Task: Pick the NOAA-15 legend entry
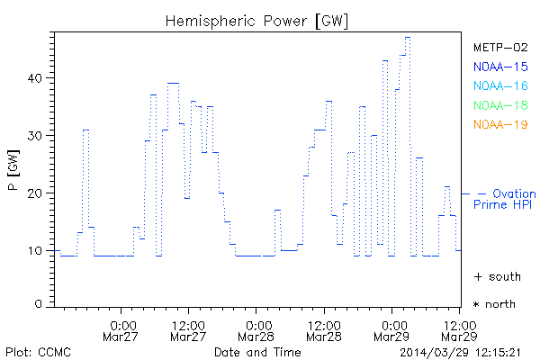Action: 499,67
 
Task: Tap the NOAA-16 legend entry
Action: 499,86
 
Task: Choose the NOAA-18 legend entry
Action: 499,105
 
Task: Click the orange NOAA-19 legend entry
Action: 499,124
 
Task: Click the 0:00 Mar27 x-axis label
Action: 122,331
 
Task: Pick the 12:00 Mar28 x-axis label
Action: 325,331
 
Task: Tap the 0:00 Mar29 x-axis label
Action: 393,331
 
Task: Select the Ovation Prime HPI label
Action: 506,199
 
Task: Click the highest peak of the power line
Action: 408,38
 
